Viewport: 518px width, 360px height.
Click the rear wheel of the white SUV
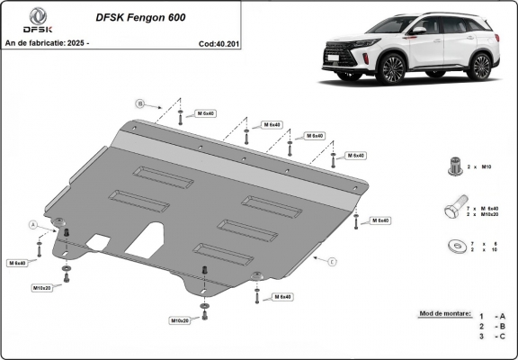pos(481,66)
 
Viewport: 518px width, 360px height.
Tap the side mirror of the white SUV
pos(418,31)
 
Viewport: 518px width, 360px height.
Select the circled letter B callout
pos(140,102)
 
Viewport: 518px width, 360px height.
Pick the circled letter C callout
pos(331,261)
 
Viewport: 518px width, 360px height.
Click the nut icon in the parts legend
pos(454,164)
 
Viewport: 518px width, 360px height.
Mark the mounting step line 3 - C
pos(493,337)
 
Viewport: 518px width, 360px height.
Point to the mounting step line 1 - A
pos(493,315)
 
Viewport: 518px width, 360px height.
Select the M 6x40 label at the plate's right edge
pos(378,220)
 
